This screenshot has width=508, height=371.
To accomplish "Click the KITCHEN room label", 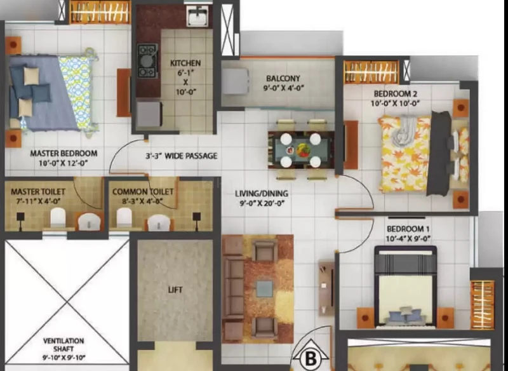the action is click(x=185, y=63).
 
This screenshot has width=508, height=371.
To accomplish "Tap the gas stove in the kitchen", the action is click(x=147, y=61).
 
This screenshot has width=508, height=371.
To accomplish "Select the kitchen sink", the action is click(x=197, y=16).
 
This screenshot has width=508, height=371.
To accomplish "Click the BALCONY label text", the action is click(x=283, y=78).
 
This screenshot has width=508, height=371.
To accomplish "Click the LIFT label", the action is click(x=175, y=290).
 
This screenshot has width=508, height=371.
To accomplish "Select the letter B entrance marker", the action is click(x=311, y=359).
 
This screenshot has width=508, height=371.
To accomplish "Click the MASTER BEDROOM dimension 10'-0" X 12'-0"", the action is click(x=63, y=163).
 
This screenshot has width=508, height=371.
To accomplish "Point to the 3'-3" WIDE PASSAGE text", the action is click(x=181, y=156).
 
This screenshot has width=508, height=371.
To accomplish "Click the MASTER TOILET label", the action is click(x=38, y=192).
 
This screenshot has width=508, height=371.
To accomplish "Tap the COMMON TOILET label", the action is click(x=143, y=192).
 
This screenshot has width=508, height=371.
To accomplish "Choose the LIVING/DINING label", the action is click(x=262, y=193).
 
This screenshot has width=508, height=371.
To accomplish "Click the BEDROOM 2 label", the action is click(x=395, y=93).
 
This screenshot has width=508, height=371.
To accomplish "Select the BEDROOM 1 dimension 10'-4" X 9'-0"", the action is click(x=408, y=239).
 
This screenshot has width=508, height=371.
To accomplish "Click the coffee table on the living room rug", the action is click(x=265, y=288).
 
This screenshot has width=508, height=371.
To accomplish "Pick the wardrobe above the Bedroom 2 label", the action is click(x=371, y=72).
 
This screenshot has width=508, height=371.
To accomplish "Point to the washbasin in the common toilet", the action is click(x=159, y=222).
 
